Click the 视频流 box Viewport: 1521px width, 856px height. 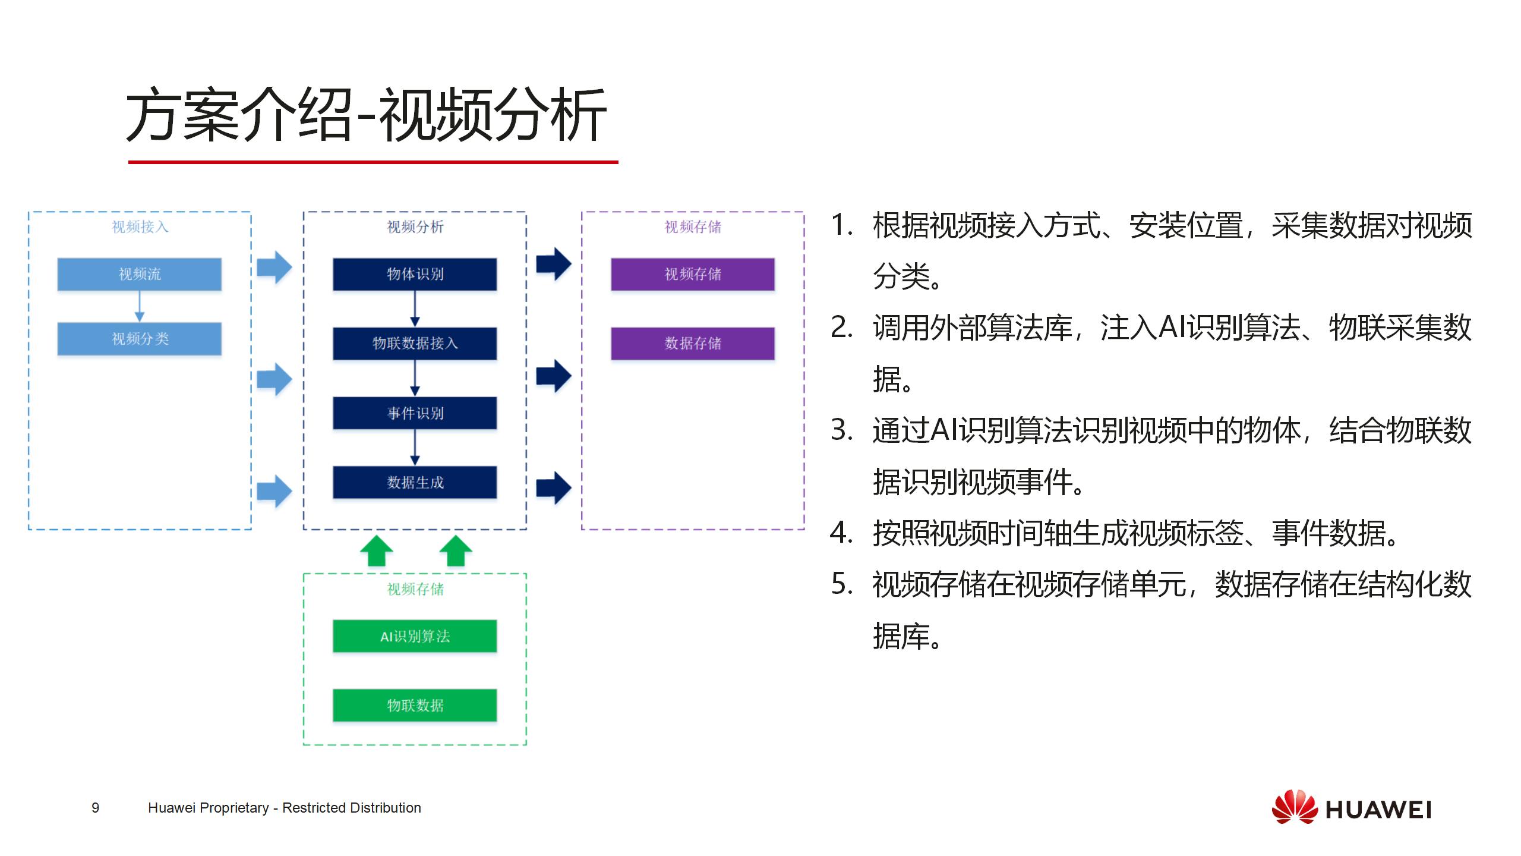pos(140,274)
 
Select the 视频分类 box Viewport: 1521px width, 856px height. pos(140,339)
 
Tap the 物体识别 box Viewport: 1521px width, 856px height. pos(415,274)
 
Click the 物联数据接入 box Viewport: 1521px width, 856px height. pos(415,344)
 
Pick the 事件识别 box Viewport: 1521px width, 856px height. pos(415,413)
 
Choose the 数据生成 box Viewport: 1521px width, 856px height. pos(415,482)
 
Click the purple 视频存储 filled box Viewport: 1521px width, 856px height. pos(693,274)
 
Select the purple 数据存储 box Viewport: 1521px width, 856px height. pos(693,344)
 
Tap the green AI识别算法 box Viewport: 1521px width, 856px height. pos(415,636)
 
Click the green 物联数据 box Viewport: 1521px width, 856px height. pos(415,706)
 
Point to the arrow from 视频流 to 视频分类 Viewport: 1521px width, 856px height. pos(140,306)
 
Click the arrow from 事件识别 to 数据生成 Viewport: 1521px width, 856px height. pos(415,448)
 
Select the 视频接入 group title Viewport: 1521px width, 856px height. pos(140,227)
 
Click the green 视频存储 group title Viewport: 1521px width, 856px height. pos(415,589)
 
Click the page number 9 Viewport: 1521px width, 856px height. pos(95,808)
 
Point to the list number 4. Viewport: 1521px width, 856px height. pos(841,533)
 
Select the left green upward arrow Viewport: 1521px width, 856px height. pos(377,550)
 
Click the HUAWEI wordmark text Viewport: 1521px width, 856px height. pos(1378,810)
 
